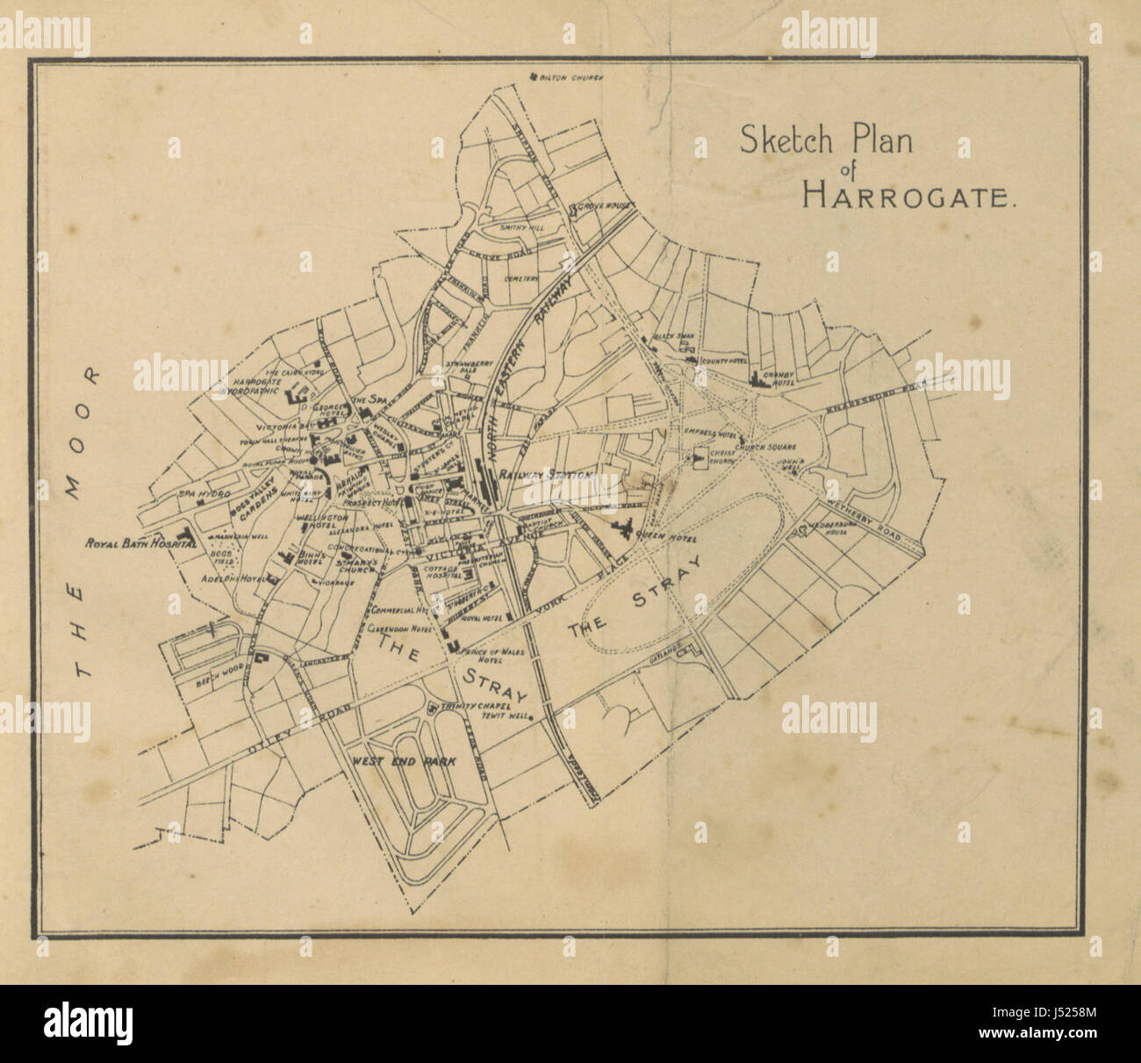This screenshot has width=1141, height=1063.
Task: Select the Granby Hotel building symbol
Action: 757,378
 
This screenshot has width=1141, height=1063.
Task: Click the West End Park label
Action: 405,762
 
